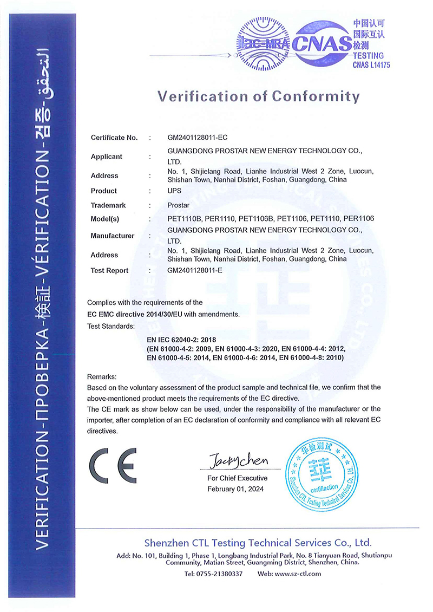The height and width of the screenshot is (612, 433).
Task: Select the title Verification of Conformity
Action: [258, 96]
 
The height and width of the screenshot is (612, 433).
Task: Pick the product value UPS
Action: [174, 191]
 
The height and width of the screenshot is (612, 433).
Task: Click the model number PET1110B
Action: [183, 219]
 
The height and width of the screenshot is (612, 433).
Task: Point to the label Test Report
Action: [109, 270]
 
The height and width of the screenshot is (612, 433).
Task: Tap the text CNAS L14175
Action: [371, 65]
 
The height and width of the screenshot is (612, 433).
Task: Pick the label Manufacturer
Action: [112, 236]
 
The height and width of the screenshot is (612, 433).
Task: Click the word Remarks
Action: [102, 376]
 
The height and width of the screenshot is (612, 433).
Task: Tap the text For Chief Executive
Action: [237, 478]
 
